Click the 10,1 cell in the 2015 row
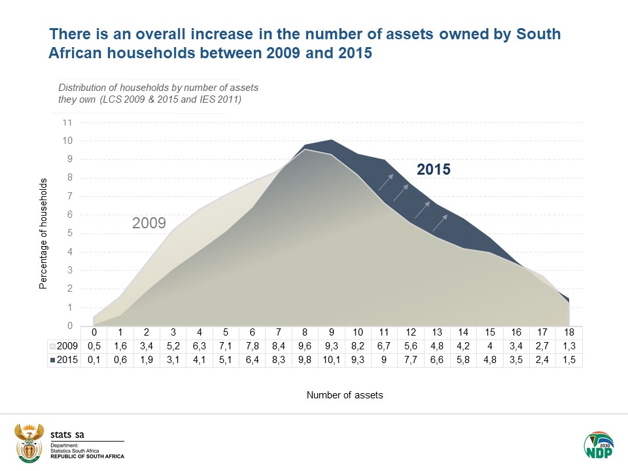[x=332, y=360]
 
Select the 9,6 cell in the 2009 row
[x=305, y=345]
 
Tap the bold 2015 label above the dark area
[x=434, y=170]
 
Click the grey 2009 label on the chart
[x=149, y=223]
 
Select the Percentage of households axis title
[x=44, y=232]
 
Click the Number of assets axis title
[x=345, y=395]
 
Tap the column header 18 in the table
[x=569, y=332]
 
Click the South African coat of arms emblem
[x=28, y=444]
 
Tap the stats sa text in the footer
[x=67, y=433]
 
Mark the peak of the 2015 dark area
[x=332, y=140]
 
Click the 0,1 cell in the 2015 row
[x=94, y=360]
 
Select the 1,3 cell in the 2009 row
[x=569, y=345]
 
